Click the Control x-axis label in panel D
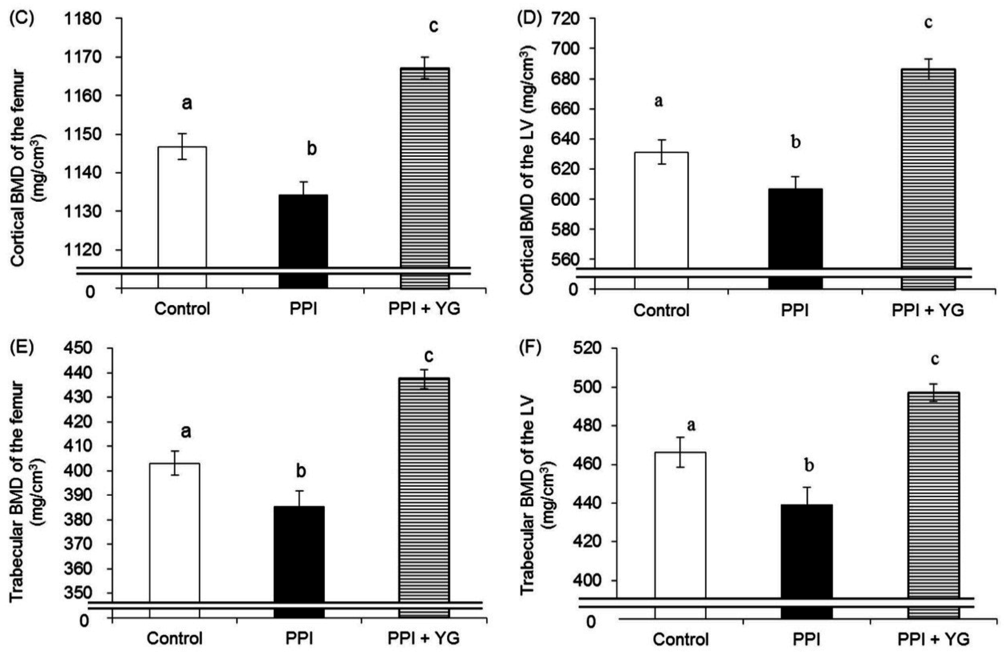point(661,311)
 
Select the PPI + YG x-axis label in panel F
point(933,640)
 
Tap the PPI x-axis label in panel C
point(303,309)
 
